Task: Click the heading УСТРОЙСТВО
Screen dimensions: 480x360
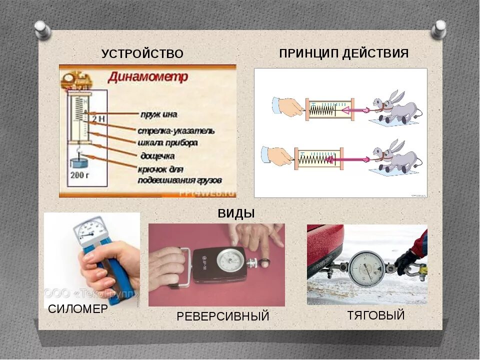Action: [142, 54]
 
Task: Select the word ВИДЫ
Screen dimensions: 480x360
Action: [236, 213]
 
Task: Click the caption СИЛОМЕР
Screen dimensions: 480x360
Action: [78, 309]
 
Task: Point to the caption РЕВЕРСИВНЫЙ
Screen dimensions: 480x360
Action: [223, 316]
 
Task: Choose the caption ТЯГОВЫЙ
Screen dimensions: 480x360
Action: [376, 315]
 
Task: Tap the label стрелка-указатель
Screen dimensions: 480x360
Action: [176, 131]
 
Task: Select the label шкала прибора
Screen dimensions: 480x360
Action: [167, 142]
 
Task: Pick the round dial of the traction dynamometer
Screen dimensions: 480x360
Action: [366, 268]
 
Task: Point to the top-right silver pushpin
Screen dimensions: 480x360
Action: [438, 29]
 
